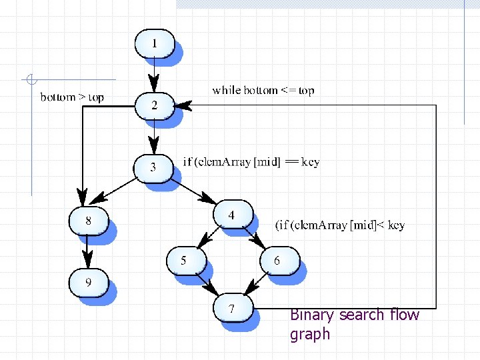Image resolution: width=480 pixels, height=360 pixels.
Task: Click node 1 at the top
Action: coord(155,44)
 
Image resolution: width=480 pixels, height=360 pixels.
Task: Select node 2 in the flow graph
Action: coord(155,105)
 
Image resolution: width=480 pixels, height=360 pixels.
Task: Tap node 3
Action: coord(153,167)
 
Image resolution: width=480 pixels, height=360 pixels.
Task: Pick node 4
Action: coord(232,215)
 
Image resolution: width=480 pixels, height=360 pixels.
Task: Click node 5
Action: coord(185,260)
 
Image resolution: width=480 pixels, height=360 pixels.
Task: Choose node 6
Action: coord(277,260)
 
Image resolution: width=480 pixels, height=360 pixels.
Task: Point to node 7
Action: coord(232,309)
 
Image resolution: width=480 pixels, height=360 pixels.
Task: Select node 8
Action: coord(88,219)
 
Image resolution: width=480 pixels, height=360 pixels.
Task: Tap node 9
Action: coord(88,283)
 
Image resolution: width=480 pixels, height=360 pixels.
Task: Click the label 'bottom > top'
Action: coord(72,97)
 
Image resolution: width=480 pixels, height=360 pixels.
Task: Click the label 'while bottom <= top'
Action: coord(263,90)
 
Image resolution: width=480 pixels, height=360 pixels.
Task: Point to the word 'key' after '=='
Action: coord(311,162)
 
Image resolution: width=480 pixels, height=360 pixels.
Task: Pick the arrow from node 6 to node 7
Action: coord(257,283)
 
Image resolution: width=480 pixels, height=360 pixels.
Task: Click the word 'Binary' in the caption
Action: coord(313,315)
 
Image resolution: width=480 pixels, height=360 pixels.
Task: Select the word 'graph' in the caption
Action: coord(310,334)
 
